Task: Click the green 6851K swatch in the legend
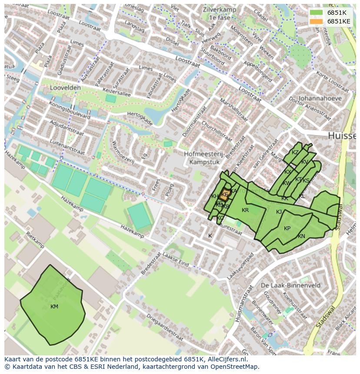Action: point(317,13)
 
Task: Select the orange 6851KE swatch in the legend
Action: point(317,21)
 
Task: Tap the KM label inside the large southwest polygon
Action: point(54,307)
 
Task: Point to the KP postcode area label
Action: point(287,228)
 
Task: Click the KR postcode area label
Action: point(245,210)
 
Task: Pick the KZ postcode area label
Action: point(295,152)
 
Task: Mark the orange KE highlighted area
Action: point(224,195)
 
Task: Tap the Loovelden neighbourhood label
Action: point(65,87)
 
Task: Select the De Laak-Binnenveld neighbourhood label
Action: point(291,285)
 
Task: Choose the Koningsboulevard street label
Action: point(70,111)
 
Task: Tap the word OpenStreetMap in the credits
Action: point(235,367)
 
